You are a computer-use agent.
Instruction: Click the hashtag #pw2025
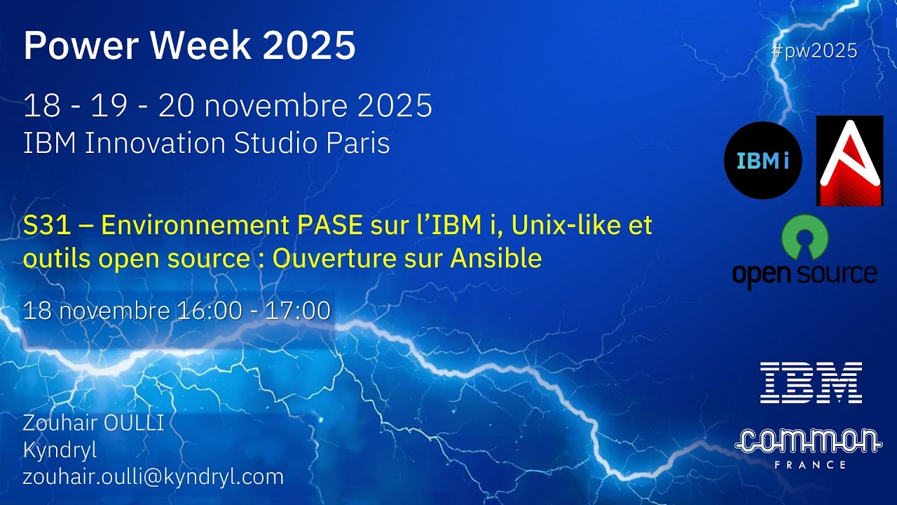point(814,50)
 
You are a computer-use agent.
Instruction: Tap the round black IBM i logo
point(762,161)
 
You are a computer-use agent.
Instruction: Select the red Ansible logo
point(849,161)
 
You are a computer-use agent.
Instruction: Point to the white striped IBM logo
point(811,382)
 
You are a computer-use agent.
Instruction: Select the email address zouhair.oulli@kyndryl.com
point(153,477)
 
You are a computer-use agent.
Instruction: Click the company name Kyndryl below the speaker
point(60,450)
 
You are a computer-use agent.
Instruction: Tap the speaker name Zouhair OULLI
point(93,423)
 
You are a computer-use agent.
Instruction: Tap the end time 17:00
point(297,311)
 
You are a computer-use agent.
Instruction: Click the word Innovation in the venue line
point(156,143)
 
